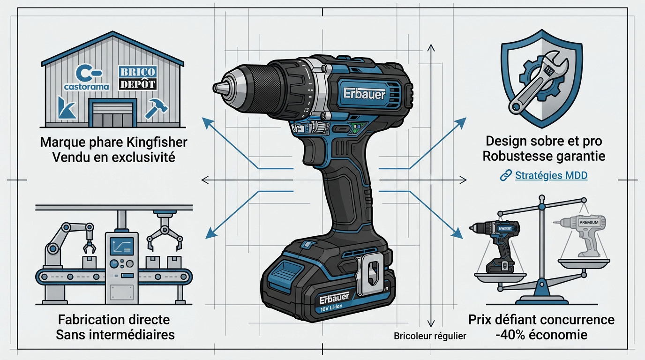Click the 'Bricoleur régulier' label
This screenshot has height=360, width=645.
click(x=430, y=336)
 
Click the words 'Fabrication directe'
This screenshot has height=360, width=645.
click(x=114, y=320)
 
